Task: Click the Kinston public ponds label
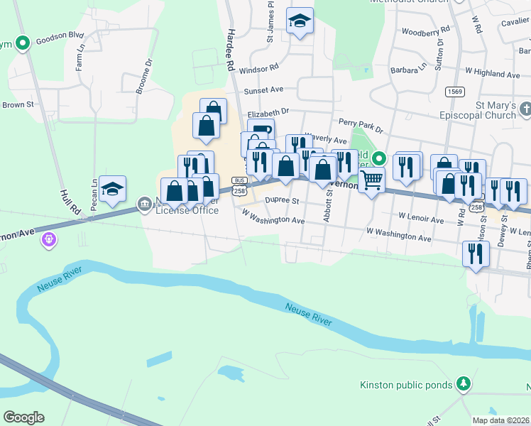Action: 406,385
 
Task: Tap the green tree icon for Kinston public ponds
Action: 464,383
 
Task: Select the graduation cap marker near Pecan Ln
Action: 112,188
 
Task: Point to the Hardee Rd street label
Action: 230,50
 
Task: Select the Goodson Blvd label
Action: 60,34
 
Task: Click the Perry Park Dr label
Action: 361,126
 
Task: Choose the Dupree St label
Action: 279,200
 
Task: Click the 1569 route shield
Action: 455,92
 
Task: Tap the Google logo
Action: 23,417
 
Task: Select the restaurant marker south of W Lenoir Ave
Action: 476,253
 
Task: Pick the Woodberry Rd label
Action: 425,31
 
